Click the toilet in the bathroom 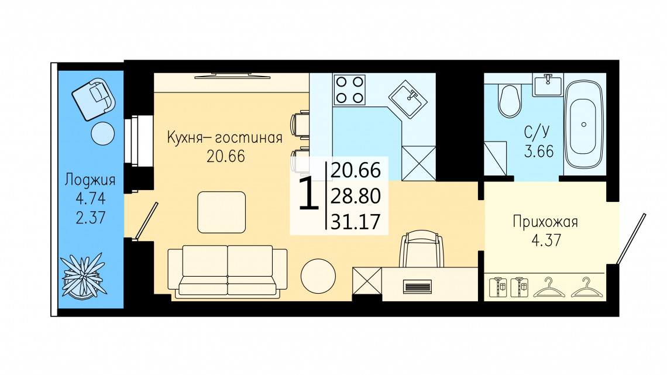pos(510,101)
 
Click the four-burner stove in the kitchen pos(350,90)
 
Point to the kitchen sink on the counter pos(408,99)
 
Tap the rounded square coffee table pos(222,212)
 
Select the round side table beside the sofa pos(318,276)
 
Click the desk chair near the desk pos(421,249)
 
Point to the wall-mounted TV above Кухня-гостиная pos(233,76)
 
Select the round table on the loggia pos(103,133)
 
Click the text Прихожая pos(545,222)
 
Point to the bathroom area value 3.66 pos(539,152)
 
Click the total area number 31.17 pos(356,222)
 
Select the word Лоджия pos(90,180)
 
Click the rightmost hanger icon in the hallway pos(587,287)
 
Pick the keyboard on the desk pos(417,287)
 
